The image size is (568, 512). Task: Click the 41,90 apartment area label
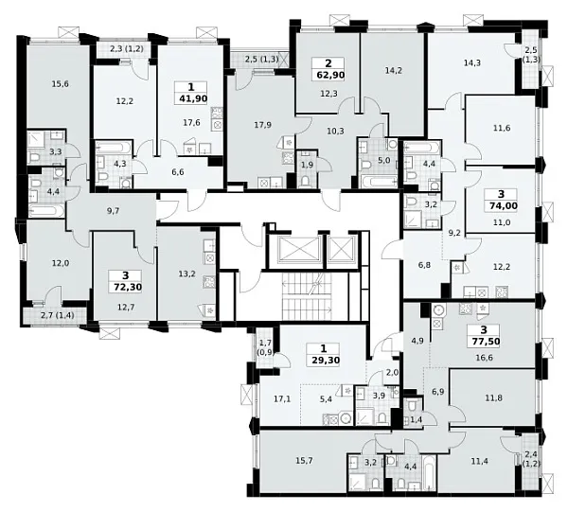[191, 98]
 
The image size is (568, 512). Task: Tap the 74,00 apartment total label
[501, 205]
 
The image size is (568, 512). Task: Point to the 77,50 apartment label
[485, 341]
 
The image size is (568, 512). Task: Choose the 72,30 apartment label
[126, 287]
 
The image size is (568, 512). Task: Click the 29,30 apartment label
[324, 361]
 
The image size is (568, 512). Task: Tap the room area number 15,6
[61, 84]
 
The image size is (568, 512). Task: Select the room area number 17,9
[263, 125]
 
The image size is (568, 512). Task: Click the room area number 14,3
[472, 62]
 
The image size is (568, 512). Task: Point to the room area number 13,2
[186, 274]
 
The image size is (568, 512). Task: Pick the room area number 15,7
[304, 461]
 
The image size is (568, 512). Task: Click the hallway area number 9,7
[114, 211]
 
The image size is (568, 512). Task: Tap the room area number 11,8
[493, 397]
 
